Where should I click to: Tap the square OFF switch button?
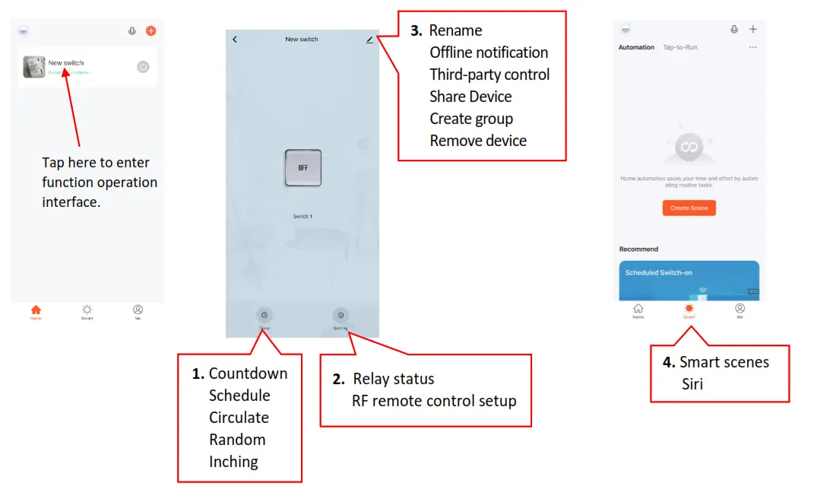[x=302, y=167]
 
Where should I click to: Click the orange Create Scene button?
[x=689, y=208]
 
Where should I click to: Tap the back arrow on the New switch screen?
[x=235, y=40]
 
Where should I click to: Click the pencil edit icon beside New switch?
[x=369, y=40]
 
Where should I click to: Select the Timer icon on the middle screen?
[x=264, y=315]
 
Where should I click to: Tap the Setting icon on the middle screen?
[x=340, y=315]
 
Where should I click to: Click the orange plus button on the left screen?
[x=150, y=31]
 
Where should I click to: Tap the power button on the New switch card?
[x=143, y=67]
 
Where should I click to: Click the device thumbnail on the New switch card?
[x=33, y=67]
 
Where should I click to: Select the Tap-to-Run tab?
[x=680, y=47]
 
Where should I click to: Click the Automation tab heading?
[x=636, y=47]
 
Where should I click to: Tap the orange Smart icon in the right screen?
[x=689, y=309]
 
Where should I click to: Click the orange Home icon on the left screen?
[x=36, y=310]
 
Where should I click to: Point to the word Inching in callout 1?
[x=233, y=462]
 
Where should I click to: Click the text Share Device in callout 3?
[x=470, y=97]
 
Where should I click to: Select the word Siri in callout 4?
[x=692, y=384]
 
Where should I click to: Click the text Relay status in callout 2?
[x=394, y=379]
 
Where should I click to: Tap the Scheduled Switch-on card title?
[x=658, y=272]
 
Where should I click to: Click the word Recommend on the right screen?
[x=638, y=249]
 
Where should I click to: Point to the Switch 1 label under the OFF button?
[x=302, y=217]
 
